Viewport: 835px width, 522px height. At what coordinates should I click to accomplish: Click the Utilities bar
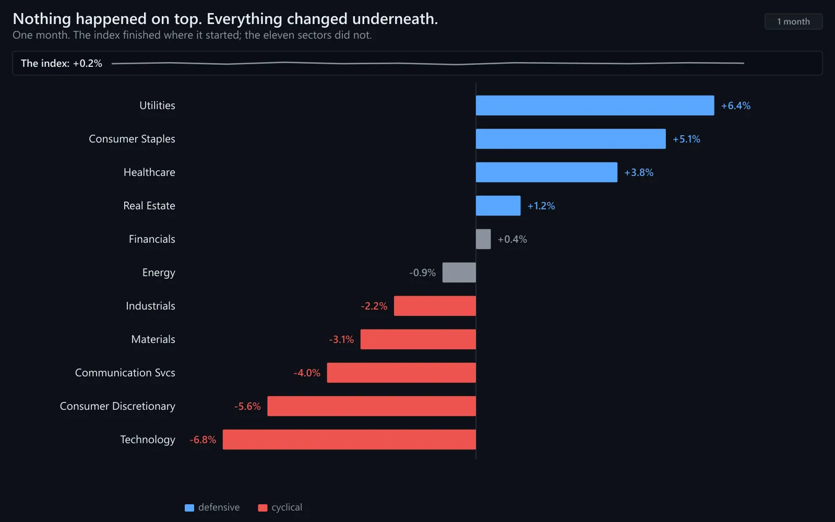(x=595, y=105)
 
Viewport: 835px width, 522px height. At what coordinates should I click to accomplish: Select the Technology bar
(x=349, y=440)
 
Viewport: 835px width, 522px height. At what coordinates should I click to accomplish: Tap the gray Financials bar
(x=483, y=239)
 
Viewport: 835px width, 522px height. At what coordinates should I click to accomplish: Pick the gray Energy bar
(x=459, y=272)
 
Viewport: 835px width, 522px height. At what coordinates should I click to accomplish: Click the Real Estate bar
(x=498, y=206)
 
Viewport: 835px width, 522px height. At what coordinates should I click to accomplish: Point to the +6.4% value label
(x=736, y=105)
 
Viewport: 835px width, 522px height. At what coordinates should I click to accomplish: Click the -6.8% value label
(x=203, y=440)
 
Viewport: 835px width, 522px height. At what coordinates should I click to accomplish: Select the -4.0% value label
(x=307, y=373)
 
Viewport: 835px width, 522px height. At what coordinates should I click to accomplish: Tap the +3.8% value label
(x=639, y=172)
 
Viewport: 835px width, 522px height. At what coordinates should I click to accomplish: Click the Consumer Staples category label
(x=132, y=139)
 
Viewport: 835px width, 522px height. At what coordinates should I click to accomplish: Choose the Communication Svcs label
(x=125, y=373)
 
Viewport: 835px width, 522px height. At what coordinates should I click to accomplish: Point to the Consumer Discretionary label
(x=117, y=406)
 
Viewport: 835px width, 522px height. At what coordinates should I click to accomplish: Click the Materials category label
(x=153, y=339)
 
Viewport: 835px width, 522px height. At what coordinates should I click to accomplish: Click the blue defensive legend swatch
(x=189, y=508)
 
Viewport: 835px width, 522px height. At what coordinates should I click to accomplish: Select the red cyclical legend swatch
(x=263, y=508)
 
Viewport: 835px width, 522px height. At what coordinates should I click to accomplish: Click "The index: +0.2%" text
(x=62, y=63)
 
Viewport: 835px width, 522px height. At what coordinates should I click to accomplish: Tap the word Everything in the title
(x=245, y=19)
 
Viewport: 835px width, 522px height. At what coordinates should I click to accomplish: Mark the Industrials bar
(x=435, y=306)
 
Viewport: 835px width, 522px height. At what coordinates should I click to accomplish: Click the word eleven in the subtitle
(x=279, y=35)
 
